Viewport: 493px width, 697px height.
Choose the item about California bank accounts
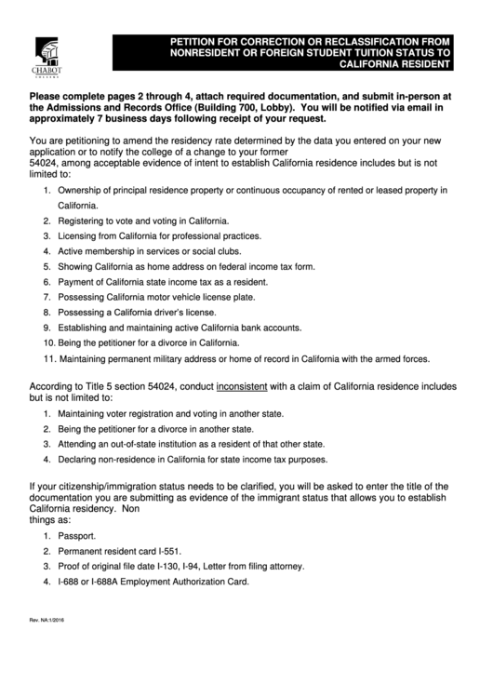click(x=180, y=328)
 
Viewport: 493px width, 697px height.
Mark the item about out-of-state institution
click(x=191, y=444)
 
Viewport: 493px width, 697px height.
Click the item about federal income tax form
click(x=186, y=266)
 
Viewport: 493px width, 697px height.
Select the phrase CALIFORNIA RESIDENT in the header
click(x=393, y=66)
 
